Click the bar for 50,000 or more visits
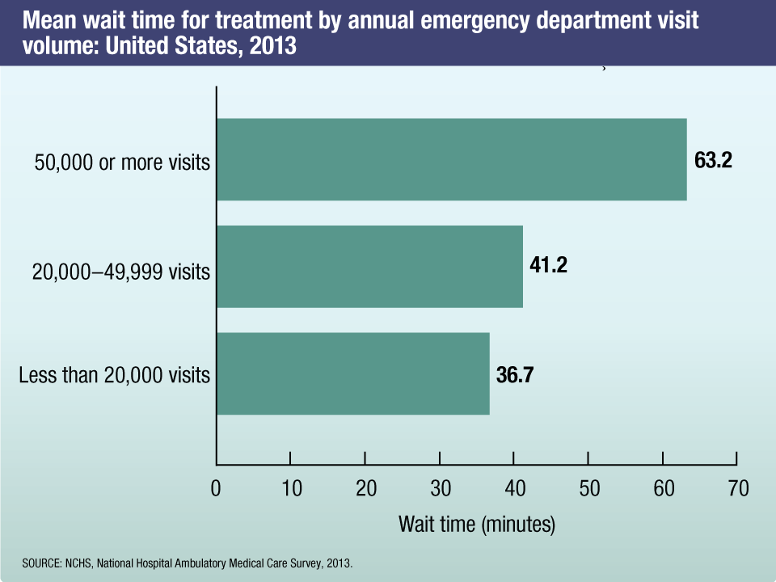pyautogui.click(x=451, y=159)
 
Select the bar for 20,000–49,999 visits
pyautogui.click(x=369, y=267)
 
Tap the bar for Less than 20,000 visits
pyautogui.click(x=352, y=373)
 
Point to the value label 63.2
pyautogui.click(x=713, y=160)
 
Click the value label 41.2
pyautogui.click(x=549, y=266)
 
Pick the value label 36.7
pyautogui.click(x=515, y=375)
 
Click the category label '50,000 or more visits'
pyautogui.click(x=122, y=162)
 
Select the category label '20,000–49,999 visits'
pyautogui.click(x=121, y=272)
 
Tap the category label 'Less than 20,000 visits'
pyautogui.click(x=114, y=376)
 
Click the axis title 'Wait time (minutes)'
pyautogui.click(x=477, y=524)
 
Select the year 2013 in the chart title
pyautogui.click(x=276, y=48)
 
